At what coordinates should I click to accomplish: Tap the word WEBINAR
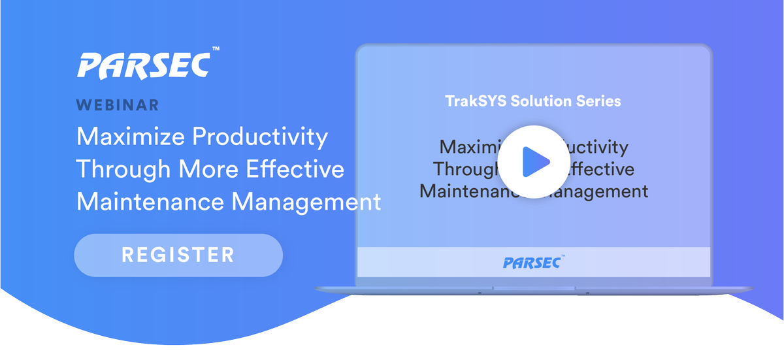tap(118, 105)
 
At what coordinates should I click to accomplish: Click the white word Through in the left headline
tap(122, 169)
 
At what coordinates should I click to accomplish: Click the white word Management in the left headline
tap(306, 201)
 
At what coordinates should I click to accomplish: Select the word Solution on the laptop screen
tap(547, 101)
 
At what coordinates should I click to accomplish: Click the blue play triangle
tap(536, 161)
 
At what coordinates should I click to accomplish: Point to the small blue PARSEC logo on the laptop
tap(531, 263)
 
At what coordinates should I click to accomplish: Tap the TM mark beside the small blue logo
tap(562, 257)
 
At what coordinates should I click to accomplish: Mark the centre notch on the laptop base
tap(534, 288)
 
